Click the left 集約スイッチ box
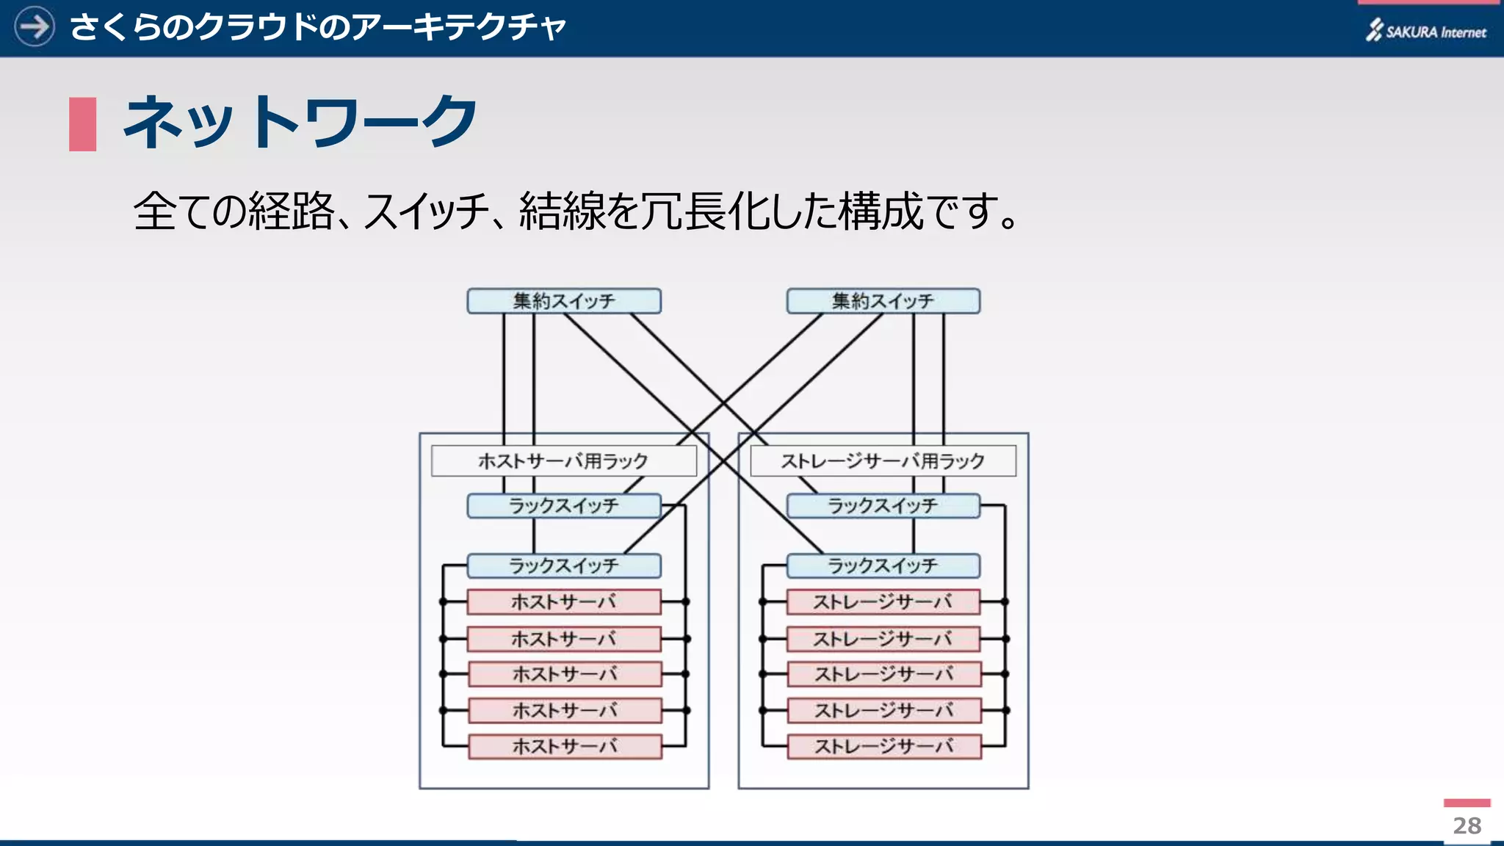tap(564, 301)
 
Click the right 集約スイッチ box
tap(883, 301)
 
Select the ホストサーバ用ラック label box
tap(563, 461)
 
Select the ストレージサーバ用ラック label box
tap(883, 461)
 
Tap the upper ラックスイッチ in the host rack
tap(564, 506)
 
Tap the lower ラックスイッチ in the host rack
tap(564, 566)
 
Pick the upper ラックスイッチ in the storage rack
tap(883, 506)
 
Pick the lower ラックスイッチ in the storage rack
tap(883, 566)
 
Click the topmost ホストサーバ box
tap(564, 602)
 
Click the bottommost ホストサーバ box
tap(565, 747)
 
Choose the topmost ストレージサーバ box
tap(883, 602)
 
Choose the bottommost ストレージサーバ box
tap(884, 747)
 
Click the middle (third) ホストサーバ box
tap(565, 674)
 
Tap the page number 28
tap(1467, 826)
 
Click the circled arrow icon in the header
tap(35, 27)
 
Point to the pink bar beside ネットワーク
tap(82, 124)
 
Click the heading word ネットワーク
tap(300, 122)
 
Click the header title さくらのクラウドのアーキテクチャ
tap(317, 28)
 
